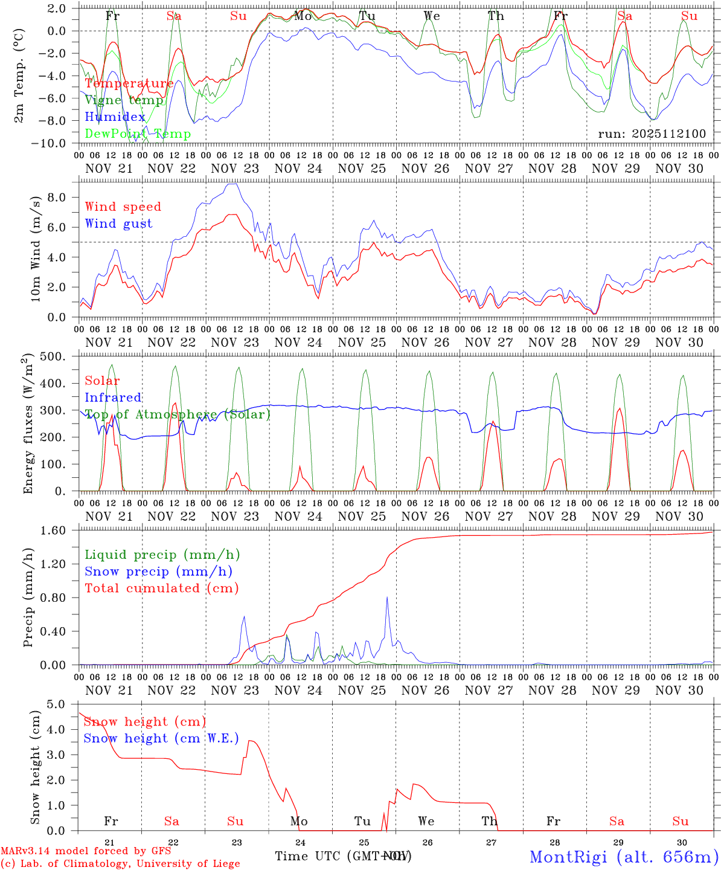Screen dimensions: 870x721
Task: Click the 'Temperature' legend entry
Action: (x=129, y=83)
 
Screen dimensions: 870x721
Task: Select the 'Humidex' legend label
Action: (x=115, y=117)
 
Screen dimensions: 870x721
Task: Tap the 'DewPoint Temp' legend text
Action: (x=138, y=134)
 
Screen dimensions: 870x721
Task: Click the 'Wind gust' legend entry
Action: (x=118, y=224)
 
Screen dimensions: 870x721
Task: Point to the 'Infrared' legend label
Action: (x=113, y=398)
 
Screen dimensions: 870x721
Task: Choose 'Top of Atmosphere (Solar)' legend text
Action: (x=178, y=414)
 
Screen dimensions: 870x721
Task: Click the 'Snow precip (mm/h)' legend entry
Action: (x=158, y=572)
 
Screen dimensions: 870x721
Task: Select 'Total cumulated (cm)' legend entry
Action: (x=161, y=588)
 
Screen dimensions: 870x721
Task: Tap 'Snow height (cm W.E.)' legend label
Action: (x=161, y=738)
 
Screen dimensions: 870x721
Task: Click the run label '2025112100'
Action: (x=652, y=134)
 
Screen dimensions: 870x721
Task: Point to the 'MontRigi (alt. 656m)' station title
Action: (x=624, y=856)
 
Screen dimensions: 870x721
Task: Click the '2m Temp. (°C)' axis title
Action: (x=20, y=76)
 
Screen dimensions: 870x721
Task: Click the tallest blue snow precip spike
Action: (x=387, y=598)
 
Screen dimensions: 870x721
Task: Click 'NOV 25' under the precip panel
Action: (x=362, y=690)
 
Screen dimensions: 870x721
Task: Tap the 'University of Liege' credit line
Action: (x=121, y=863)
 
